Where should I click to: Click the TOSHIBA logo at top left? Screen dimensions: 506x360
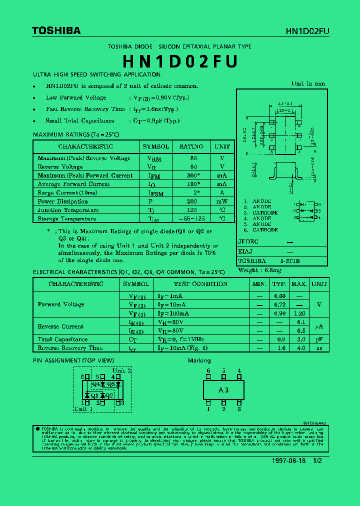click(56, 31)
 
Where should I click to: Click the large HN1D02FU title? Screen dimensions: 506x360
click(179, 61)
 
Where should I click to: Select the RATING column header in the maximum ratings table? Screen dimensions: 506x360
click(191, 146)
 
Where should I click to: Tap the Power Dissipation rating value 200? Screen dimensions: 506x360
click(192, 201)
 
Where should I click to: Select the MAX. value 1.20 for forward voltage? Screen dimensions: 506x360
click(299, 313)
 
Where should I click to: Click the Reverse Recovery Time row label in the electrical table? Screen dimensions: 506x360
click(70, 348)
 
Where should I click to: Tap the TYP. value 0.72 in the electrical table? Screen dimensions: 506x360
click(278, 304)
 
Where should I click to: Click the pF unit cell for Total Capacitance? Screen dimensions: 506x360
click(318, 339)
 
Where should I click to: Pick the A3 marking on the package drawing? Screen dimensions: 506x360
click(223, 390)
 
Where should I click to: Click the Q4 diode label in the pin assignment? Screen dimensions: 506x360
click(96, 384)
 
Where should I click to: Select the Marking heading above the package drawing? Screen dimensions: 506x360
click(199, 360)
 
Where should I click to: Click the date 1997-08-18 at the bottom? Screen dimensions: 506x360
click(288, 460)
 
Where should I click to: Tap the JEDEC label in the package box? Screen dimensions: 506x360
click(248, 242)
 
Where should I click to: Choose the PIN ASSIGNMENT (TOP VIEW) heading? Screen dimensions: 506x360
click(73, 360)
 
